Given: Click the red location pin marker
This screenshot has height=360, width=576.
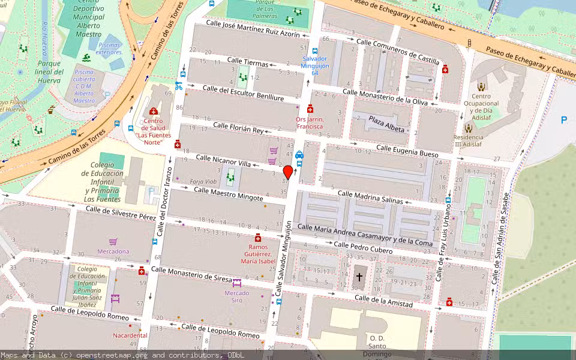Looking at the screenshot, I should click(288, 172).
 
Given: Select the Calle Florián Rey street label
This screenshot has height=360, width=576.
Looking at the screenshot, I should click(238, 127).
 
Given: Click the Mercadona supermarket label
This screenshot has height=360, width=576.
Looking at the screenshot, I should click(113, 251).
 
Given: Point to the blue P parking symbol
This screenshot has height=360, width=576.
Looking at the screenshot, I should click(563, 120).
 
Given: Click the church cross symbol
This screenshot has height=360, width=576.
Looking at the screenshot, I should click(359, 277).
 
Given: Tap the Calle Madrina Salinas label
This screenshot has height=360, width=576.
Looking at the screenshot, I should click(370, 197).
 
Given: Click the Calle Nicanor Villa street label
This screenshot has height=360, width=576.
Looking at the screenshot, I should click(223, 161).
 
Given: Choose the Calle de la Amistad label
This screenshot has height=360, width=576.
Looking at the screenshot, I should click(383, 301).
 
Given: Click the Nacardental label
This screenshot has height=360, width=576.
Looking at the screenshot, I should click(130, 335).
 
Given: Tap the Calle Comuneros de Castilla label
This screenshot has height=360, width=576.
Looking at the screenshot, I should click(397, 51).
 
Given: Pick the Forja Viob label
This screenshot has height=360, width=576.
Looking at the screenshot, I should click(203, 181).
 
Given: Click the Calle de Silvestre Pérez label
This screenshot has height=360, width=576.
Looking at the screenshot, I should click(121, 212).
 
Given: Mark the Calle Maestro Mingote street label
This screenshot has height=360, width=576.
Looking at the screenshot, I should click(228, 194).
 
